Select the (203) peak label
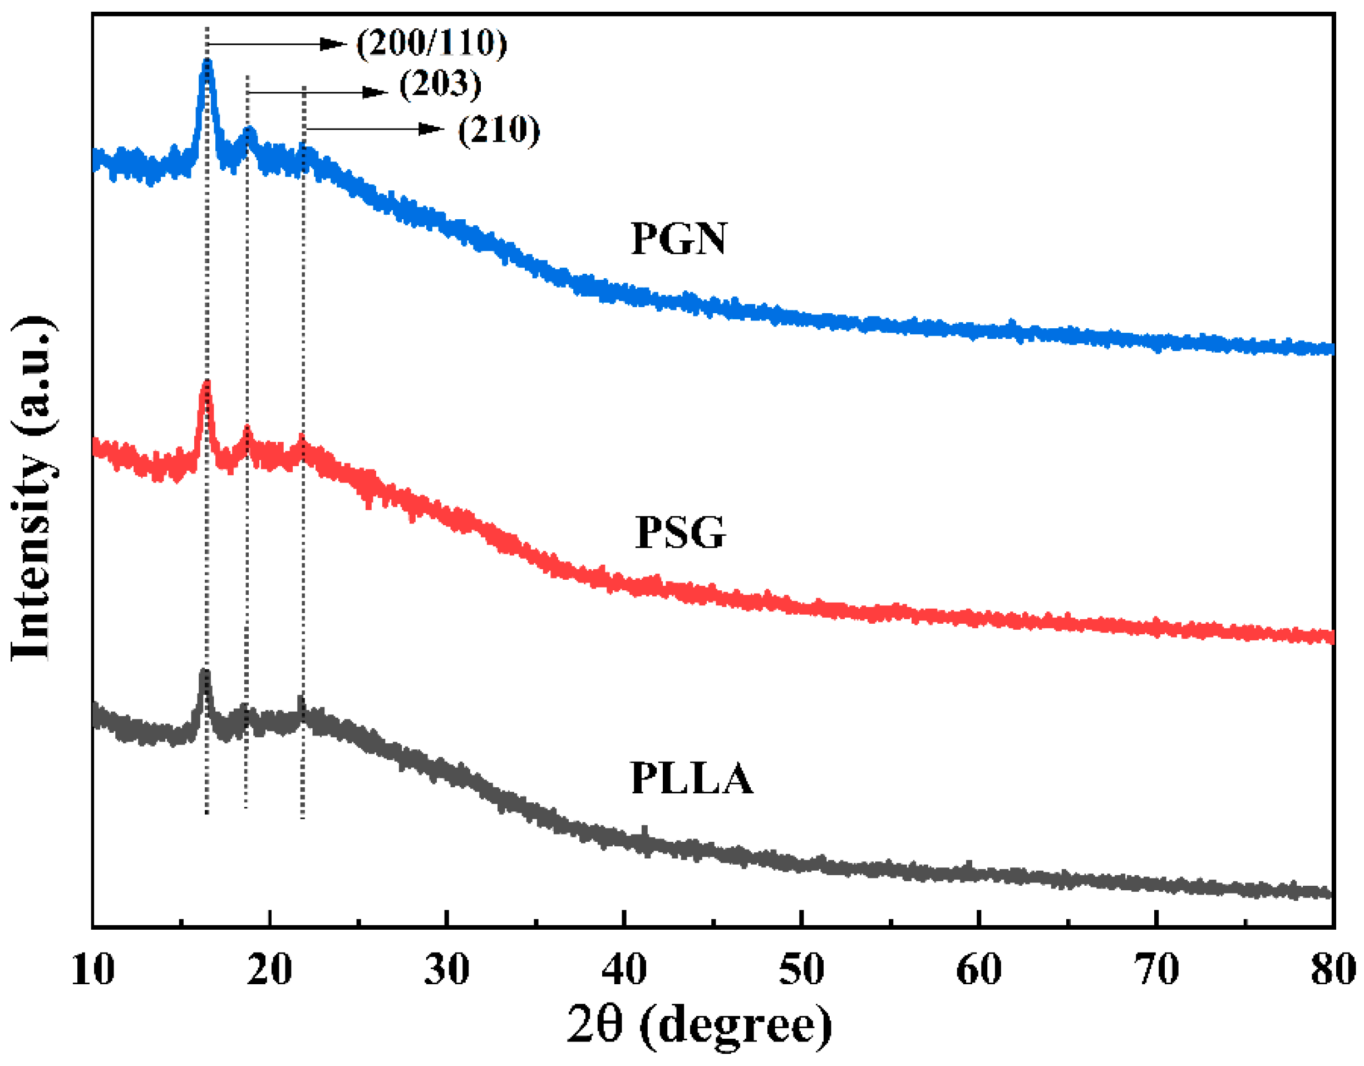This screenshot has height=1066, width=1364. [440, 85]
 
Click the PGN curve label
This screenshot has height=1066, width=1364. [679, 239]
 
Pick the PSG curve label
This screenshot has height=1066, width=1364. [680, 532]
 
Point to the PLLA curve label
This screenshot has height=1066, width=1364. [691, 778]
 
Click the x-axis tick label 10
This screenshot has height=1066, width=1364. [93, 969]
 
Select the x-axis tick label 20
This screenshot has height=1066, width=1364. [269, 969]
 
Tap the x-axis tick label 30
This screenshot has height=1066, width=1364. [446, 969]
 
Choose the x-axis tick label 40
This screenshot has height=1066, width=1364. [624, 969]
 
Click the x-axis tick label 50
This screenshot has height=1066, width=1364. [801, 969]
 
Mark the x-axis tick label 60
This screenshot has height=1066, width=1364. [979, 969]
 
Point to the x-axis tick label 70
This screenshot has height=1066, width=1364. [1156, 969]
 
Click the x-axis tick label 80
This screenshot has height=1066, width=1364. [1333, 969]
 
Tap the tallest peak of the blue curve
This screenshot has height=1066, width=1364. [208, 62]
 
